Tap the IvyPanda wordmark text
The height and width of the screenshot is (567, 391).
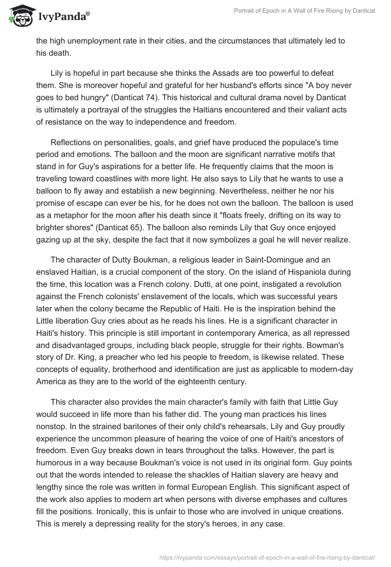point(63,17)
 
